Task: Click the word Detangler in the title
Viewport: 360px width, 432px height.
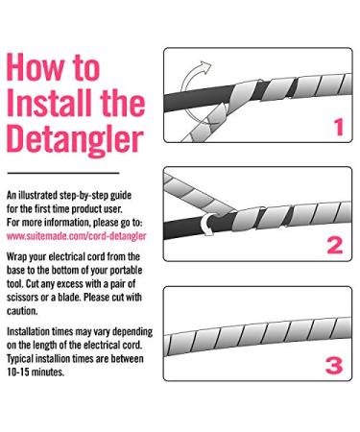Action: coord(75,140)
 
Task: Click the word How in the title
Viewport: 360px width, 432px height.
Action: coord(35,67)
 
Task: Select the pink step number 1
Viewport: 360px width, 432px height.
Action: coord(339,127)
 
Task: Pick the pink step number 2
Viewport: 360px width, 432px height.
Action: coord(335,246)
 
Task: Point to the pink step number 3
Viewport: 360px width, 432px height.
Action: coord(334,366)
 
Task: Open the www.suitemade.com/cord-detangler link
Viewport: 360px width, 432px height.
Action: coord(76,236)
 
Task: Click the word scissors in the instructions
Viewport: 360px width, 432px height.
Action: coord(22,298)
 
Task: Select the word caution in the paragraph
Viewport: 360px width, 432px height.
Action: coord(22,311)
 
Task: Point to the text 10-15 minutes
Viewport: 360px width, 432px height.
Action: coord(36,372)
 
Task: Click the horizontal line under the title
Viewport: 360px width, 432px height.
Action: coord(63,173)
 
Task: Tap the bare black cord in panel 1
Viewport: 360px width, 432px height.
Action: coord(197,98)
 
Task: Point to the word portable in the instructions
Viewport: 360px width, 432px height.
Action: coord(126,271)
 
